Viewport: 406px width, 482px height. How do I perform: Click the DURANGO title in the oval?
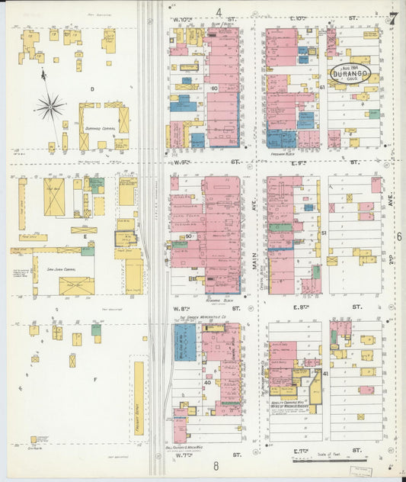tap(350, 69)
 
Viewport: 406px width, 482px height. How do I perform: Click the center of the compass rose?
tap(50, 105)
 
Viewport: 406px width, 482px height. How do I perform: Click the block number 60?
tap(215, 88)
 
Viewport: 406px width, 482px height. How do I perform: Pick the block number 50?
tap(187, 236)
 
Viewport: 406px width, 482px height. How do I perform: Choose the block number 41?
tap(324, 374)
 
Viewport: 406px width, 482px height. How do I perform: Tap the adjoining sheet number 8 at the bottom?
tap(216, 466)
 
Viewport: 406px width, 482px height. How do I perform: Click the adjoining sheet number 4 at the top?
tap(219, 11)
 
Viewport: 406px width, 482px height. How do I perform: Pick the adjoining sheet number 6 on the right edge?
tap(398, 237)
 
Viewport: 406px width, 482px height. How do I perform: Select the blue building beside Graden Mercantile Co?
tap(185, 342)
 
